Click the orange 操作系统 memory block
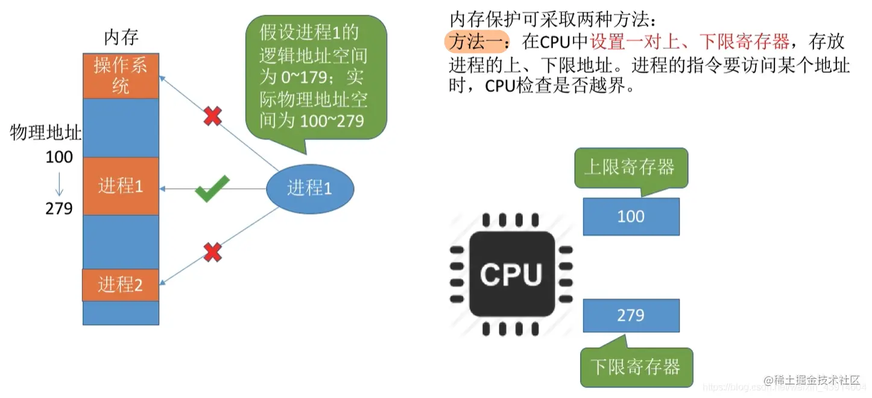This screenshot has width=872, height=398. [121, 75]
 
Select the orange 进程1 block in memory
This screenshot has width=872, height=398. [121, 186]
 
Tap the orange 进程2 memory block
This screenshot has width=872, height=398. [121, 285]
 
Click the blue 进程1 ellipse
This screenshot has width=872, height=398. [309, 189]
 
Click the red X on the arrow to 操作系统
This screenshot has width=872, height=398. [212, 116]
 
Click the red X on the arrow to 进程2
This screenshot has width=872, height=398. [212, 252]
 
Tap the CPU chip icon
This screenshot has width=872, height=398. [511, 275]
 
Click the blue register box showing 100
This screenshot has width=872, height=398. [631, 216]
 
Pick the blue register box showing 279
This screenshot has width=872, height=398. [631, 315]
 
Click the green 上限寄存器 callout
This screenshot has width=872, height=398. [630, 167]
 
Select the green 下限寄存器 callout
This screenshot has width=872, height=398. [636, 367]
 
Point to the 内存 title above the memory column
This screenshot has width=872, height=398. [121, 38]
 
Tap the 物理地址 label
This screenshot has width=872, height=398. [46, 133]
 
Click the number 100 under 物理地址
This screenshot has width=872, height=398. [59, 157]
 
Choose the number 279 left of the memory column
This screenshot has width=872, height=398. [59, 209]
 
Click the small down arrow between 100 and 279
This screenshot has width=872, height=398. [59, 183]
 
